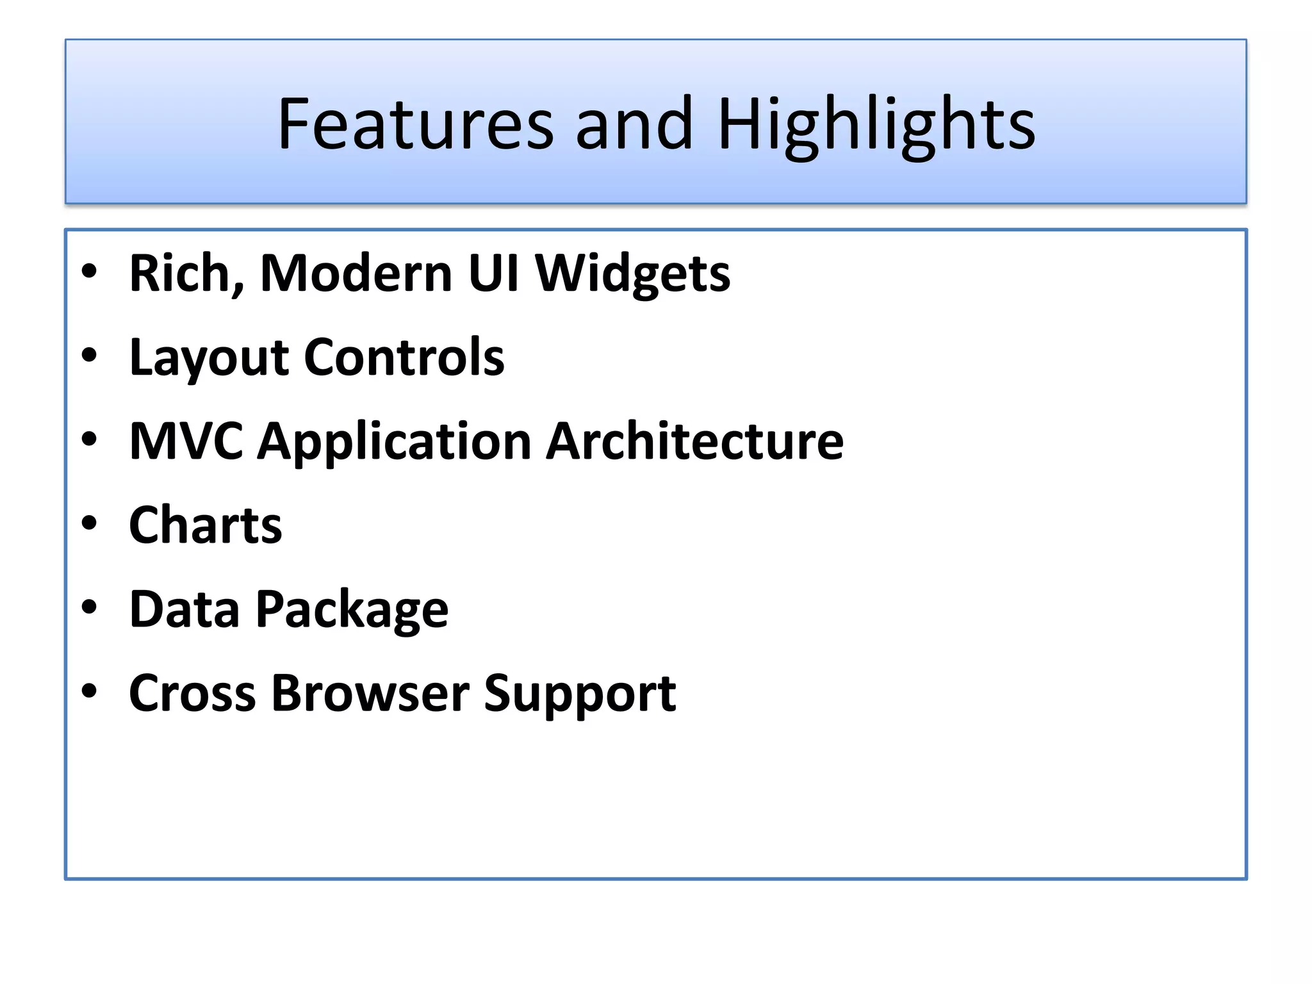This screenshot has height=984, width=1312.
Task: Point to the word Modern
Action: (x=356, y=274)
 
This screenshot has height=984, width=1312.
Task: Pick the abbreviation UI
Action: (x=493, y=274)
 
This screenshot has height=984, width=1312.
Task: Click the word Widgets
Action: (x=632, y=275)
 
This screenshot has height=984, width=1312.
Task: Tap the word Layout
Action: (x=208, y=359)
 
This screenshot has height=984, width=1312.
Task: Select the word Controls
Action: (x=404, y=357)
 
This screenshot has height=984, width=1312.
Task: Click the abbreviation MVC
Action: (x=186, y=441)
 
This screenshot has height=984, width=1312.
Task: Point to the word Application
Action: (x=394, y=443)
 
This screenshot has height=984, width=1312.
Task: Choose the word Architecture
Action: (x=694, y=441)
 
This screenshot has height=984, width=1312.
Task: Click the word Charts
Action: (x=205, y=525)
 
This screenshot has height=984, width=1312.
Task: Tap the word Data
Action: (x=184, y=609)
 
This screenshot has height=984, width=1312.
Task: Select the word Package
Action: (x=352, y=611)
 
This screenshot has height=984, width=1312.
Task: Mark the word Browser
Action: (x=370, y=694)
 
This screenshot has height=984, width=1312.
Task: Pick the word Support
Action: (x=580, y=696)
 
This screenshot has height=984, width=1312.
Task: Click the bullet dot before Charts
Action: (x=89, y=523)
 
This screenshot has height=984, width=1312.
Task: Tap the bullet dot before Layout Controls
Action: (x=89, y=355)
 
